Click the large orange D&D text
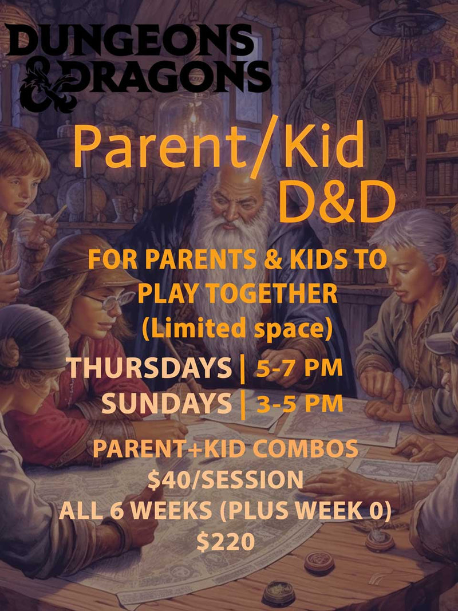[337, 202]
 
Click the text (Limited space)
[237, 329]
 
